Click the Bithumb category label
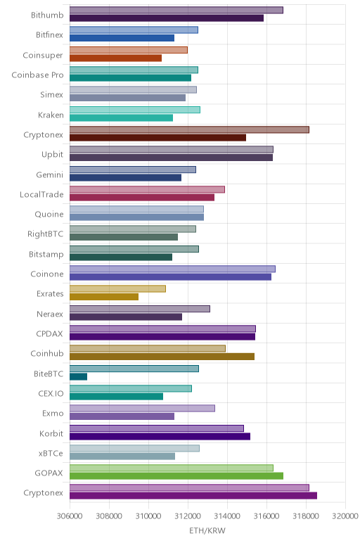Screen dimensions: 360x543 click(x=47, y=15)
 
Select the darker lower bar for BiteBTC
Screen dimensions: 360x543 click(x=78, y=376)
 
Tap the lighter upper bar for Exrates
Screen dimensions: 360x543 click(x=117, y=288)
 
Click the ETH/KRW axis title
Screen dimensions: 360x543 click(x=207, y=530)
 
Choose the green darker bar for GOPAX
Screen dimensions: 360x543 click(x=176, y=475)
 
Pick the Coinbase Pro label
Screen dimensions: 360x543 click(x=38, y=75)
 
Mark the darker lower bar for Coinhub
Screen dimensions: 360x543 click(x=162, y=357)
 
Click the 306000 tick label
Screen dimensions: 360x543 click(x=70, y=516)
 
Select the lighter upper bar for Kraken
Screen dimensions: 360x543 click(x=135, y=110)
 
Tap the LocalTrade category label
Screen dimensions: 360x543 click(x=41, y=195)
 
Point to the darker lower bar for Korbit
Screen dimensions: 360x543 click(x=160, y=436)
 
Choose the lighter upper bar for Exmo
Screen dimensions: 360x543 click(x=142, y=408)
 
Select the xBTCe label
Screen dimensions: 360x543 click(x=51, y=453)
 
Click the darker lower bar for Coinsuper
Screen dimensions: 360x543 click(x=115, y=58)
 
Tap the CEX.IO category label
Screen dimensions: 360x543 click(x=51, y=394)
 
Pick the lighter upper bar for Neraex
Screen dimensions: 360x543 click(x=140, y=309)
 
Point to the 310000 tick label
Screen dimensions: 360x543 click(x=148, y=516)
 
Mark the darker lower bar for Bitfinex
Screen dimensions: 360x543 click(x=122, y=38)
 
